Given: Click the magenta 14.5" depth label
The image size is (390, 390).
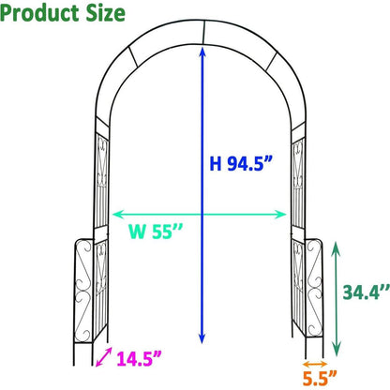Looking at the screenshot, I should (139, 357).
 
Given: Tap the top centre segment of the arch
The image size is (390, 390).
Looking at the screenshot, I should (201, 43).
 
